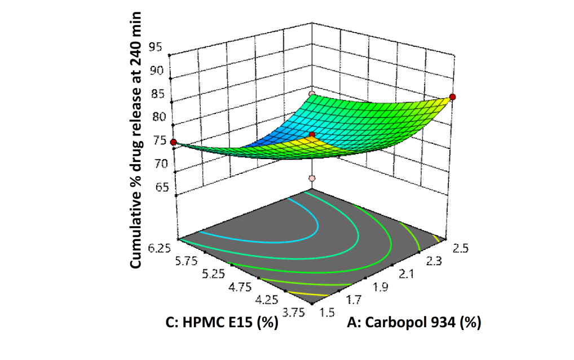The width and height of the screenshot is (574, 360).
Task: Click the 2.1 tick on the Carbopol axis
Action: click(407, 274)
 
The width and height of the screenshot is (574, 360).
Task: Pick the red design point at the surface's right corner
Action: click(453, 97)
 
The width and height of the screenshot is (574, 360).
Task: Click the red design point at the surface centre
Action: click(312, 134)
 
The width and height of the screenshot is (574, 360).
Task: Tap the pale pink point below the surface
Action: click(312, 178)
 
